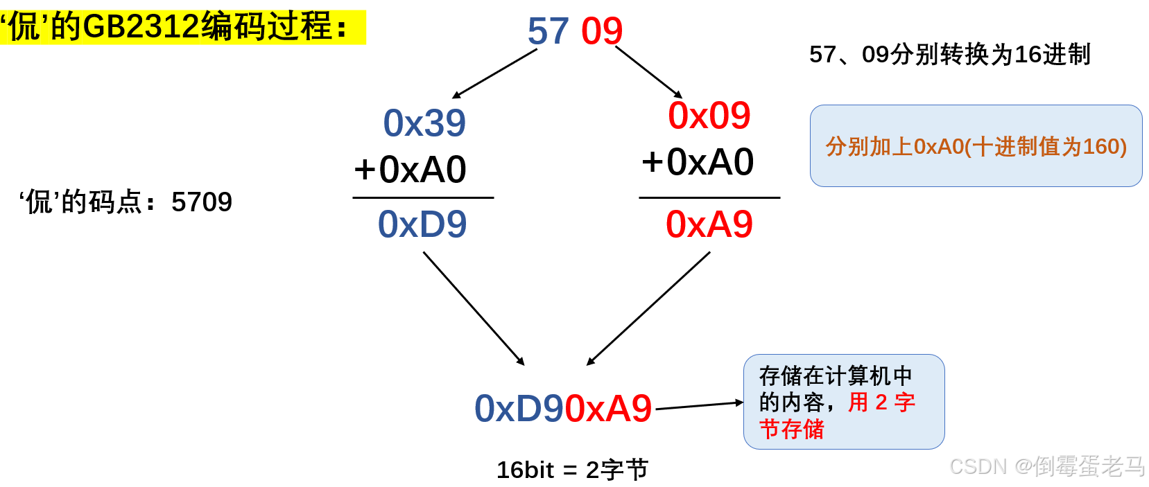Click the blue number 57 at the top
click(x=548, y=32)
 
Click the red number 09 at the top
click(x=602, y=32)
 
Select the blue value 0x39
click(x=424, y=123)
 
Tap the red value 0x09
click(x=709, y=116)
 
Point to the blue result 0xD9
click(x=422, y=224)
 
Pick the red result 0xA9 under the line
click(x=709, y=224)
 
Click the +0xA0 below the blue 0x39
click(x=410, y=170)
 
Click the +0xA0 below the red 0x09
click(x=697, y=162)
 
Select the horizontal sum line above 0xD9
click(x=423, y=197)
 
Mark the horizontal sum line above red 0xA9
click(x=709, y=197)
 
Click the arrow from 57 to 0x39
click(x=495, y=73)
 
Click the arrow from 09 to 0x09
click(x=648, y=72)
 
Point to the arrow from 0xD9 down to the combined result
click(x=474, y=308)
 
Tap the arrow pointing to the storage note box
click(x=699, y=405)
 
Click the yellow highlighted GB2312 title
click(x=182, y=28)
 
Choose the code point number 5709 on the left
click(x=201, y=202)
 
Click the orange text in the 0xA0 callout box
click(x=976, y=146)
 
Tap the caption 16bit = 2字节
click(x=572, y=470)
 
